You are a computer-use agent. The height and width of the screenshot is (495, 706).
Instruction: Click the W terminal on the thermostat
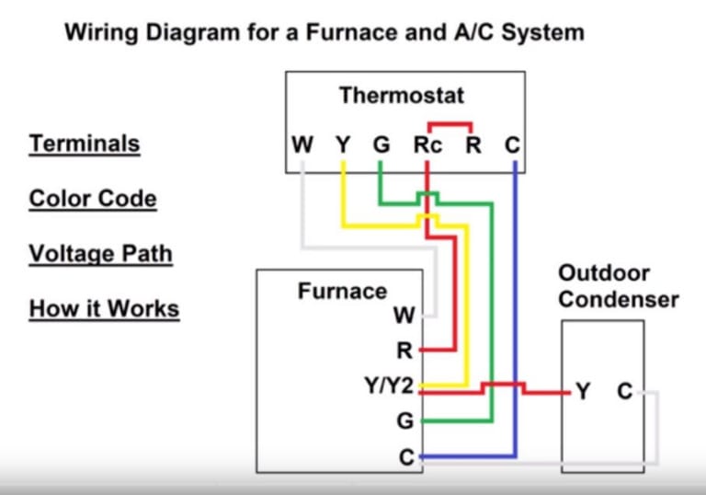[x=302, y=145]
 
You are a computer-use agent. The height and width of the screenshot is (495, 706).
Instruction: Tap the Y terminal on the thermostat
[x=343, y=145]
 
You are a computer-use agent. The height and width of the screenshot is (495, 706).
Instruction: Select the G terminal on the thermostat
[x=381, y=145]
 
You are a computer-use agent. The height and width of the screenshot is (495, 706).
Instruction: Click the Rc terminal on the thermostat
[x=427, y=145]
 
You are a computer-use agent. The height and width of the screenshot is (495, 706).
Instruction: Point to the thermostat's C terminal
[x=513, y=145]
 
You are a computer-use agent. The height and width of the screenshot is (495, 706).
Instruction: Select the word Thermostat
[x=402, y=95]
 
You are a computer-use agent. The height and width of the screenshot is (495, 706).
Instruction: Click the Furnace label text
[x=342, y=291]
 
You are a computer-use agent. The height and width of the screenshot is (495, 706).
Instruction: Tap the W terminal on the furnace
[x=404, y=316]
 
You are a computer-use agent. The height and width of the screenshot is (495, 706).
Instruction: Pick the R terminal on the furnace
[x=404, y=351]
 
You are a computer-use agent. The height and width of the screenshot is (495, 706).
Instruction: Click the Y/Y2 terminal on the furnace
[x=389, y=386]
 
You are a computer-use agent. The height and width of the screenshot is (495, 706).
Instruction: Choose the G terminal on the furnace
[x=404, y=422]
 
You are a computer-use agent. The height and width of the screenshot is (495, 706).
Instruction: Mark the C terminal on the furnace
[x=405, y=456]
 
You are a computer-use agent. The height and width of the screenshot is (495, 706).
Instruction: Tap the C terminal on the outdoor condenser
[x=624, y=392]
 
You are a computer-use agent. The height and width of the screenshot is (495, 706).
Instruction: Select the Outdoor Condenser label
[x=618, y=286]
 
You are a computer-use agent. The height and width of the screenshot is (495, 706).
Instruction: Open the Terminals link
[x=85, y=144]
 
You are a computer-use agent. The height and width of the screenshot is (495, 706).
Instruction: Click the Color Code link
[x=93, y=199]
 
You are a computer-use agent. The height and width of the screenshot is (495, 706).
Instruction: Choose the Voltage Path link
[x=100, y=253]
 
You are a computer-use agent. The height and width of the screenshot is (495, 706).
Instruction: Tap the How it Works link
[x=104, y=308]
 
